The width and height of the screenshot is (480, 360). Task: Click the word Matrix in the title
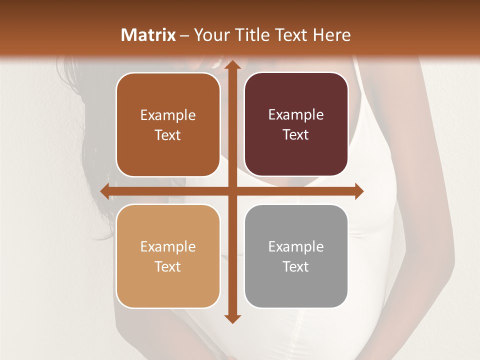(148, 35)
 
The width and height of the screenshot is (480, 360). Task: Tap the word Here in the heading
(331, 35)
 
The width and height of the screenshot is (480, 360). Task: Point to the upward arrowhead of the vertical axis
(231, 66)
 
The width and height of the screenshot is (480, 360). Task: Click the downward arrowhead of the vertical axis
(231, 318)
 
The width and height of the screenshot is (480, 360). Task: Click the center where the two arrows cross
(231, 191)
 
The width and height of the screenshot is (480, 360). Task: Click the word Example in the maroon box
(296, 115)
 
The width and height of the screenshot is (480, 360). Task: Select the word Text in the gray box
(296, 267)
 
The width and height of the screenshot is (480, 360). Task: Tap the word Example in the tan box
(168, 247)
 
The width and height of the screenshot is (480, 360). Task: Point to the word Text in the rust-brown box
(168, 135)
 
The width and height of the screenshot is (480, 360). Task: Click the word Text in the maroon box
(296, 135)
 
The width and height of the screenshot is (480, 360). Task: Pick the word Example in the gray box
(296, 247)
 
